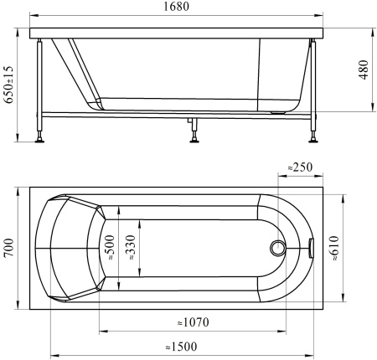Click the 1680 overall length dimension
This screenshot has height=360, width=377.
pos(176,7)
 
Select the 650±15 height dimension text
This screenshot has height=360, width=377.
pos(10,85)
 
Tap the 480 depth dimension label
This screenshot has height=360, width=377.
pos(364,69)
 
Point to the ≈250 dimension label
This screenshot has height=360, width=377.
pos(300,167)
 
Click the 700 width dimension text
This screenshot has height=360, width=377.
pos(9,248)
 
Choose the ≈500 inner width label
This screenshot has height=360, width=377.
pos(110,248)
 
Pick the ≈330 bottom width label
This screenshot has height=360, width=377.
pos(130,248)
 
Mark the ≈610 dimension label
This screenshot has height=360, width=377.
pos(333,249)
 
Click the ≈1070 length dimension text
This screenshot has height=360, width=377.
pos(193,322)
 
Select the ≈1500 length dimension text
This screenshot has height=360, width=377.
pos(181,347)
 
